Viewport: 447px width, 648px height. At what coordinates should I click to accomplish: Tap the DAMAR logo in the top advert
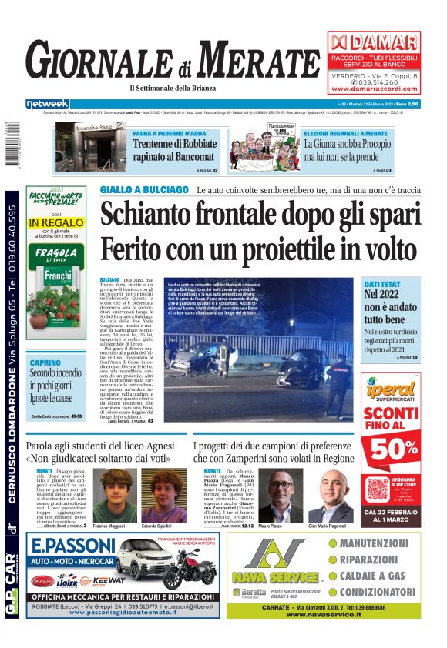tap(374, 42)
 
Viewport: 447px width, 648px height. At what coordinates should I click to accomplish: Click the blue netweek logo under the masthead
tap(47, 103)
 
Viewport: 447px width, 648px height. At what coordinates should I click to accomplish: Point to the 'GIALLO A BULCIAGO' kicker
tap(144, 189)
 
